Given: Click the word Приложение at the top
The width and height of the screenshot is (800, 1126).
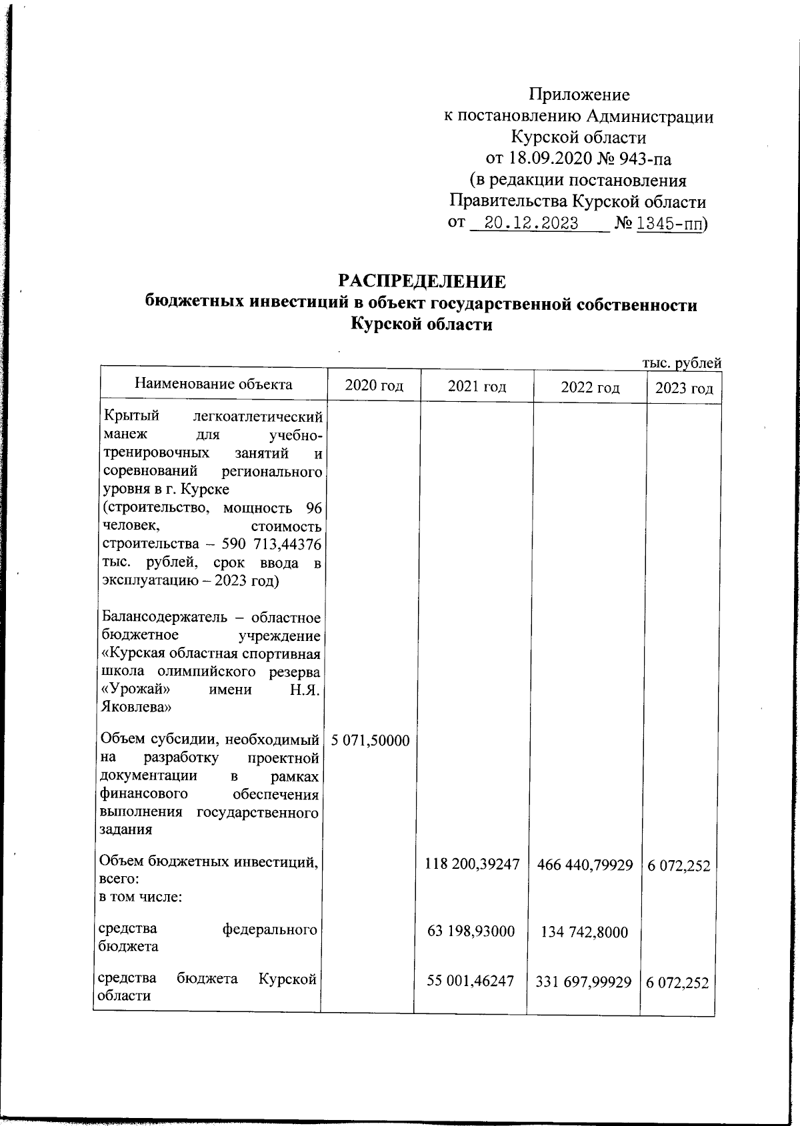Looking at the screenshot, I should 579,94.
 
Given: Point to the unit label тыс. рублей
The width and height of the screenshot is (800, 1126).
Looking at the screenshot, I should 681,363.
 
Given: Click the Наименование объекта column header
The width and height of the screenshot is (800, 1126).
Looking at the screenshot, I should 213,384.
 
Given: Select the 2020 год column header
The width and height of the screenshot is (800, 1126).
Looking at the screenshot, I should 374,386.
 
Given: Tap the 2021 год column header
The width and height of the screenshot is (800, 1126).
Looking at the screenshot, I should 477,386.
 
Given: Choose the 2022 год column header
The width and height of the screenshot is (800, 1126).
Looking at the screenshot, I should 590,388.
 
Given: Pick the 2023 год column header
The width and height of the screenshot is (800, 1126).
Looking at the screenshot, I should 684,388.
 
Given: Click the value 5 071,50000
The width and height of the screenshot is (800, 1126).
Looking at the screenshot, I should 370,740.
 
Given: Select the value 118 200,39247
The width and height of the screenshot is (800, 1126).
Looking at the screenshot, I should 472,864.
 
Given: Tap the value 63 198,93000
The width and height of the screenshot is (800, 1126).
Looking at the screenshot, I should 471,931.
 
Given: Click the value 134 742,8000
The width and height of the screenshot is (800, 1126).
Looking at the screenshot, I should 585,932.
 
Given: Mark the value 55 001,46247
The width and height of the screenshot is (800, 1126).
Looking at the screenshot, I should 471,981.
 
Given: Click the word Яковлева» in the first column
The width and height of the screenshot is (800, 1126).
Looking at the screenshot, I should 130,706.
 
